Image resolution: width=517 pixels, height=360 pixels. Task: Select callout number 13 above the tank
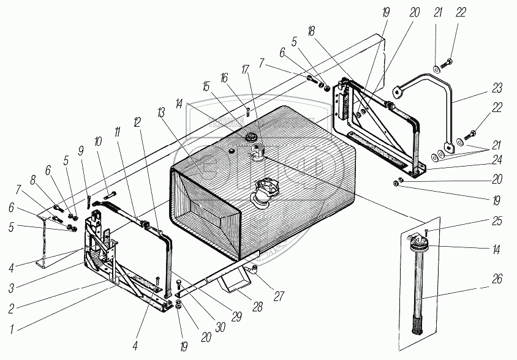click(x=161, y=113)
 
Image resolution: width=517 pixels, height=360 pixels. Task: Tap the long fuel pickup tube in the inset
click(x=421, y=288)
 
